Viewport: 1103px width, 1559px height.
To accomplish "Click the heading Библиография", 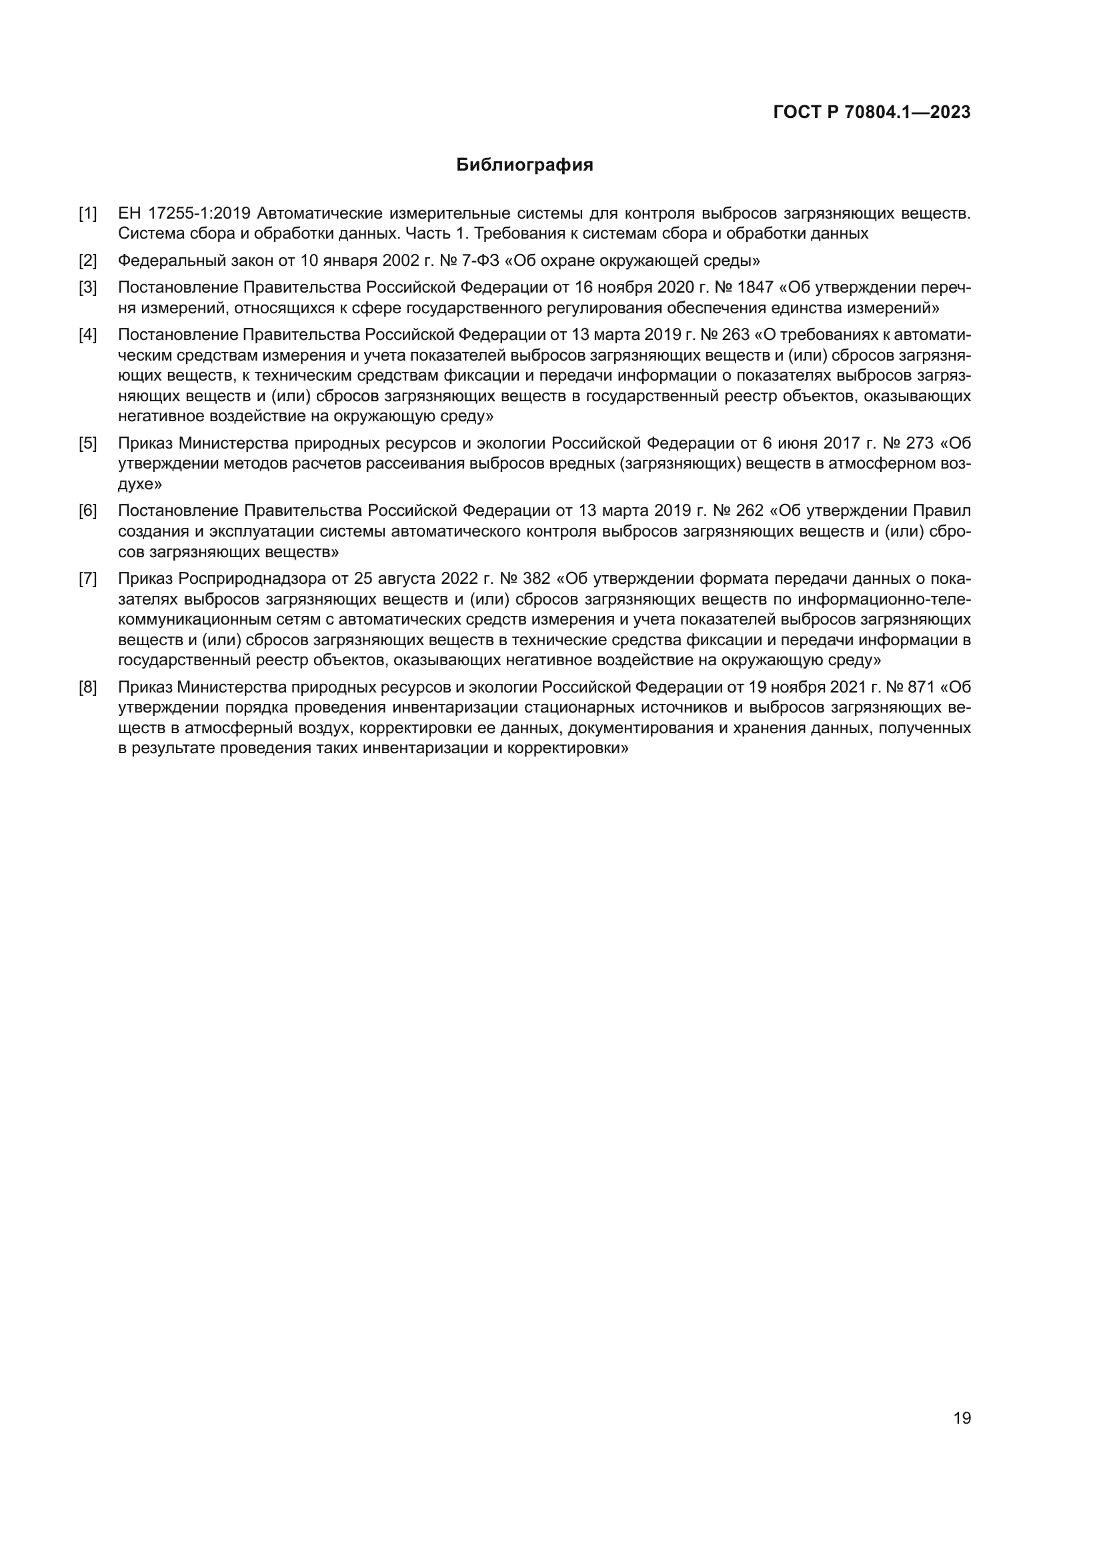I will [x=524, y=165].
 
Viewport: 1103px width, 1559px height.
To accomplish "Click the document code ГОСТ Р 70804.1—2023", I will [x=872, y=113].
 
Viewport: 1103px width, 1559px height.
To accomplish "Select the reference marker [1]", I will [x=87, y=213].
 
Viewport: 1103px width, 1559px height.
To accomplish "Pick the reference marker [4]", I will [x=87, y=335].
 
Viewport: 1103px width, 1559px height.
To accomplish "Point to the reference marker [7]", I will [x=87, y=579].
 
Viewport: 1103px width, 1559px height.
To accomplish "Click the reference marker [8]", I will [x=87, y=688].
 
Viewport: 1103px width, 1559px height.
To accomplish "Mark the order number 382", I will [x=536, y=579].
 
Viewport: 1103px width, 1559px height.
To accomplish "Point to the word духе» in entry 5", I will [x=140, y=485].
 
